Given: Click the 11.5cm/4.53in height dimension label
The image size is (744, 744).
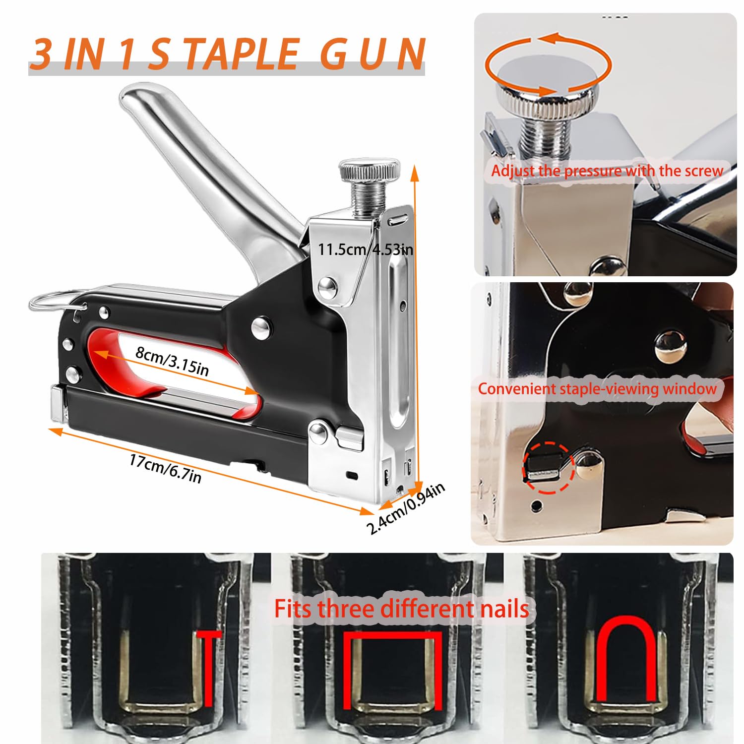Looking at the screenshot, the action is coord(366,248).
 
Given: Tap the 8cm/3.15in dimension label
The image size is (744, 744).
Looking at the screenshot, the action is coord(172,361).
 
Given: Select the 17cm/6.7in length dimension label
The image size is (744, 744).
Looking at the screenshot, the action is coord(165,468).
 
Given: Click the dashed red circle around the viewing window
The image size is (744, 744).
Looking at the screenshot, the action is coord(548,468).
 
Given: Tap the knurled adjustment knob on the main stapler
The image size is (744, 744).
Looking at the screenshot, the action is coord(369,171).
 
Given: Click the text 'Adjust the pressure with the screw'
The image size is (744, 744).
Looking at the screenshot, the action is coord(607,171).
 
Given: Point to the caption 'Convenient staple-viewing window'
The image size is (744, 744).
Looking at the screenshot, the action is coord(598,388).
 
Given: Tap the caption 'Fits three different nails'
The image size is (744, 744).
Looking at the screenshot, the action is coord(402,609).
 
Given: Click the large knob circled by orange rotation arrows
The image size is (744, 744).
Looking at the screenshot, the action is coord(548,79).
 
